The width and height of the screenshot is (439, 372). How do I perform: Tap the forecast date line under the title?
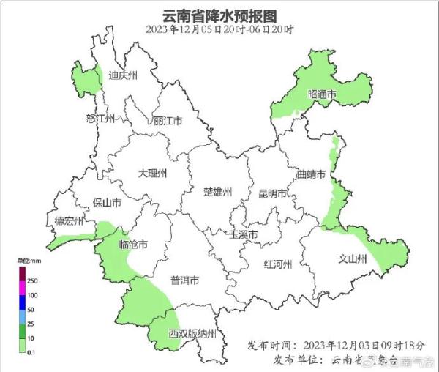click(x=219, y=30)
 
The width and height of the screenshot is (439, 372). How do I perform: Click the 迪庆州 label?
click(x=122, y=75)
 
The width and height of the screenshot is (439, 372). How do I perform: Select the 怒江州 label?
click(x=101, y=119)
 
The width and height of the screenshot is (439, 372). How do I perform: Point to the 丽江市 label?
click(x=168, y=121)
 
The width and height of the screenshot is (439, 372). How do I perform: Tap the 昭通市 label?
click(x=322, y=95)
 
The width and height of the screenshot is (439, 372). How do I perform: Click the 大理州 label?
click(x=153, y=174)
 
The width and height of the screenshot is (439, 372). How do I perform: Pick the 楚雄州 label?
click(x=217, y=192)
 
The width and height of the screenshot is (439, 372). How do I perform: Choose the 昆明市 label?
click(x=272, y=193)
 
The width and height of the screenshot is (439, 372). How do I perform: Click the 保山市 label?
click(x=107, y=203)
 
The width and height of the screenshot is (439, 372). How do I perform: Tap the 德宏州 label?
click(x=69, y=220)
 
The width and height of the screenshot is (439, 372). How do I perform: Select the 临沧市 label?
click(x=134, y=244)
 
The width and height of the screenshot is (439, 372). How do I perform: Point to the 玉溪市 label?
click(x=244, y=235)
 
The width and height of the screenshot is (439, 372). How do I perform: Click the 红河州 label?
click(x=278, y=264)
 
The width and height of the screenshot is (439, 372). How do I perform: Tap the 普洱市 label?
click(x=184, y=280)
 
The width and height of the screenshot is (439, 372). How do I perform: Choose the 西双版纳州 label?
click(x=192, y=334)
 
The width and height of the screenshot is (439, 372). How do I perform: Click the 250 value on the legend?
click(x=32, y=281)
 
